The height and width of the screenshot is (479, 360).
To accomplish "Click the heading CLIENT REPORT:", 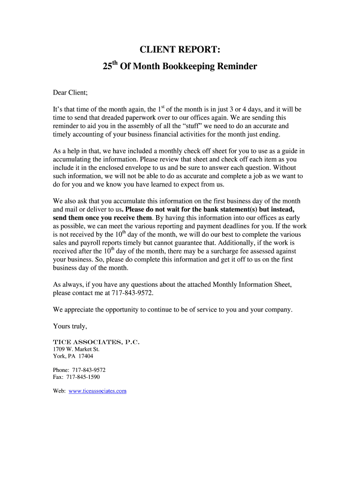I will point(180,50).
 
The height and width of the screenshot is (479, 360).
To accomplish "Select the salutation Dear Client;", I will point(71,93).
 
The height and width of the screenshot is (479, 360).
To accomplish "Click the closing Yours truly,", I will point(70,326).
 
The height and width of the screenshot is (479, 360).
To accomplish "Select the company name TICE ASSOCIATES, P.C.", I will point(96,342).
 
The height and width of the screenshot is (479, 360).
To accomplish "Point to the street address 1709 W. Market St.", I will point(76,349).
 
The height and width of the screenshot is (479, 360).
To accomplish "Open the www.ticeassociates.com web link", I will point(98,391).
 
